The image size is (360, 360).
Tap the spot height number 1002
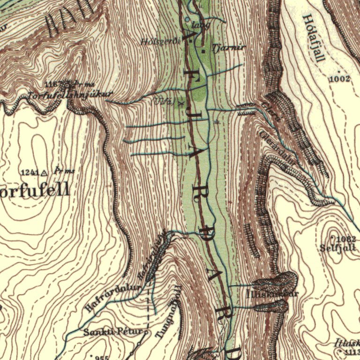pos(339,79)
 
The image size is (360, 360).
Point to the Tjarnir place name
pos(223,47)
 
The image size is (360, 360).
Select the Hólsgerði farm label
pos(160,41)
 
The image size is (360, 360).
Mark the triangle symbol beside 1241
pos(44,173)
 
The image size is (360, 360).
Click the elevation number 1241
pos(29,172)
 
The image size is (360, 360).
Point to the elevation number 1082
pos(346,240)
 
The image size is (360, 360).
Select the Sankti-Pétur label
pos(112,332)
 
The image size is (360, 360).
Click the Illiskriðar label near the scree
pos(272,294)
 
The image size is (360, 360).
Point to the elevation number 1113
pos(351,352)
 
